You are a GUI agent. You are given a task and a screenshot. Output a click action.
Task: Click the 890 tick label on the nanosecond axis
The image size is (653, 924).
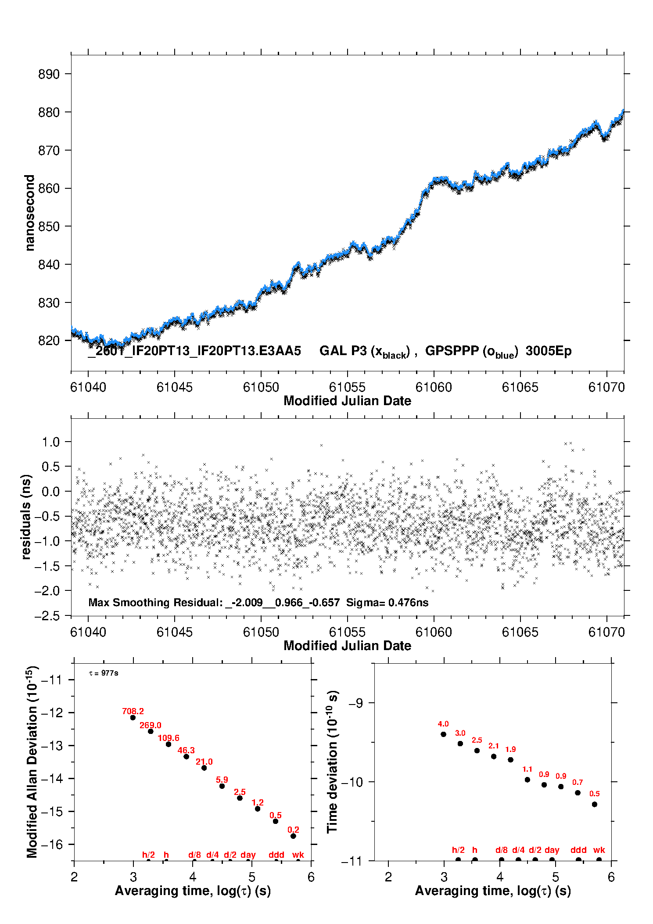pyautogui.click(x=48, y=74)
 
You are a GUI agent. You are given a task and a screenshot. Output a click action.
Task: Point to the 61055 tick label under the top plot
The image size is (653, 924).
pyautogui.click(x=347, y=387)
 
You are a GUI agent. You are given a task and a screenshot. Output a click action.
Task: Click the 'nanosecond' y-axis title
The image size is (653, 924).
pyautogui.click(x=29, y=212)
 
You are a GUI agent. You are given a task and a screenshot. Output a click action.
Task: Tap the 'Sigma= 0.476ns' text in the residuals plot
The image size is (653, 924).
pyautogui.click(x=387, y=602)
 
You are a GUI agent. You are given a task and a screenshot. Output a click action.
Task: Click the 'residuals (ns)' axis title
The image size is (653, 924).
pyautogui.click(x=26, y=517)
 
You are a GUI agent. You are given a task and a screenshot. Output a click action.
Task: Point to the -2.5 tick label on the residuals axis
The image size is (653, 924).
pyautogui.click(x=47, y=616)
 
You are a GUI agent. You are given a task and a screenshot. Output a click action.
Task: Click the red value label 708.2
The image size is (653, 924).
pyautogui.click(x=133, y=711)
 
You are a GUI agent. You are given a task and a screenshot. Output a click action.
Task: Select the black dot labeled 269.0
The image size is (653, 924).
pyautogui.click(x=151, y=731)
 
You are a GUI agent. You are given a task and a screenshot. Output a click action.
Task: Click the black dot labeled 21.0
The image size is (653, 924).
pyautogui.click(x=204, y=768)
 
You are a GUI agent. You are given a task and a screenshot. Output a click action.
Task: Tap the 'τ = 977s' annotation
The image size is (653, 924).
pyautogui.click(x=104, y=673)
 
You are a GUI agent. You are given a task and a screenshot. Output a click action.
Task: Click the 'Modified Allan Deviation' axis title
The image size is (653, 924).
pyautogui.click(x=32, y=762)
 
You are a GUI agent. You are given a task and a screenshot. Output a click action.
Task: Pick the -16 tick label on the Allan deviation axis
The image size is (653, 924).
pyautogui.click(x=51, y=844)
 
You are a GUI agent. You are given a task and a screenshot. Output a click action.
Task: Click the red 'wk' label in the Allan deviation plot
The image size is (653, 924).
pyautogui.click(x=298, y=855)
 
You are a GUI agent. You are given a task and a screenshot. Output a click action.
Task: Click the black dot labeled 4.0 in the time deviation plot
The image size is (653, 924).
pyautogui.click(x=443, y=734)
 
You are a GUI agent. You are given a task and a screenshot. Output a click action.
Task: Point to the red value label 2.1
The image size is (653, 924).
pyautogui.click(x=494, y=746)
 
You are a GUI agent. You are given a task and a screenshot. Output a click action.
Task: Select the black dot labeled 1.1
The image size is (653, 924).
pyautogui.click(x=527, y=780)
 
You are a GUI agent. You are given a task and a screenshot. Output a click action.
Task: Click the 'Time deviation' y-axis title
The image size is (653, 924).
pyautogui.click(x=332, y=762)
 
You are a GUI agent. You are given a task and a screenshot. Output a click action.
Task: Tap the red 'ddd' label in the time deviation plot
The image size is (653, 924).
pyautogui.click(x=578, y=850)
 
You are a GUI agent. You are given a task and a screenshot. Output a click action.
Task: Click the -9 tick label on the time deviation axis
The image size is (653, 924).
pyautogui.click(x=356, y=703)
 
